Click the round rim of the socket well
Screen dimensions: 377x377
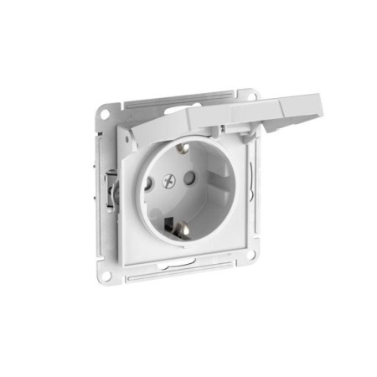click(141, 209)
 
